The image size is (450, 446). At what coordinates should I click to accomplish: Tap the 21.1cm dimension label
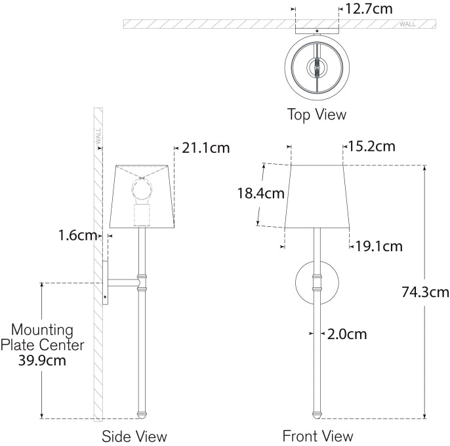[205, 148]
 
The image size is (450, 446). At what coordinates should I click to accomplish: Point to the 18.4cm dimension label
[261, 193]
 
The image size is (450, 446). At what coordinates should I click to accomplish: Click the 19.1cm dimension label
[379, 247]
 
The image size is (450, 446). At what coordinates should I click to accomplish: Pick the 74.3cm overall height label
[425, 293]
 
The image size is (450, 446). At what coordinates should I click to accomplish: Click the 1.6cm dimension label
[77, 235]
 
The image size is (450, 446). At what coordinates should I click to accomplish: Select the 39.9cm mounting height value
[43, 359]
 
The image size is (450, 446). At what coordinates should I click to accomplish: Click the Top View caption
[316, 115]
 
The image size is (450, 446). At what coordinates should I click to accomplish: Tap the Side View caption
[134, 436]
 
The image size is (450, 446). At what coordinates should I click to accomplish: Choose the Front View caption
[317, 436]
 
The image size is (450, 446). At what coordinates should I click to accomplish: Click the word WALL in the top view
[407, 24]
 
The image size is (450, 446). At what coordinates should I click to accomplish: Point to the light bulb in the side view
[142, 191]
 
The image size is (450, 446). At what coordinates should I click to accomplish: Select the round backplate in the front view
[304, 283]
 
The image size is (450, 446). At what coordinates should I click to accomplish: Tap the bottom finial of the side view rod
[141, 414]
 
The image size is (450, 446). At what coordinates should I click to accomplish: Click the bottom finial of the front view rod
[317, 414]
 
